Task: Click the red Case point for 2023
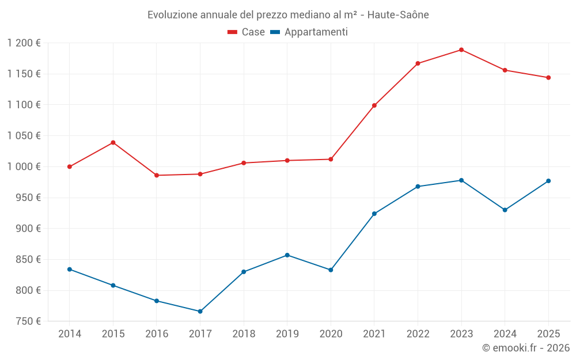[x=461, y=50]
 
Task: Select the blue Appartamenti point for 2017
[x=200, y=311]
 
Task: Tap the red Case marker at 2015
[x=113, y=142]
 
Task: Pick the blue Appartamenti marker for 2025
[x=548, y=181]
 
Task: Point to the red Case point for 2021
[x=374, y=105]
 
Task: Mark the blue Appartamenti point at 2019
[x=287, y=255]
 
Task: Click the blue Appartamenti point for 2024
[x=505, y=210]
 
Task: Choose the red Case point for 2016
[x=157, y=175]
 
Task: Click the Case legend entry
[x=247, y=32]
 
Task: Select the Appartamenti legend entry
[x=309, y=32]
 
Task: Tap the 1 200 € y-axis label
[x=24, y=43]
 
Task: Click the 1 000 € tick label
[x=24, y=166]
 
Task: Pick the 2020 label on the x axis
[x=331, y=334]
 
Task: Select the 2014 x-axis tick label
[x=70, y=334]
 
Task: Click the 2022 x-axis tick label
[x=418, y=334]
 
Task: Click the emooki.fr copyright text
[x=526, y=348]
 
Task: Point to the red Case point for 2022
[x=418, y=63]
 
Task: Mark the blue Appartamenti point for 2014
[x=70, y=269]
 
